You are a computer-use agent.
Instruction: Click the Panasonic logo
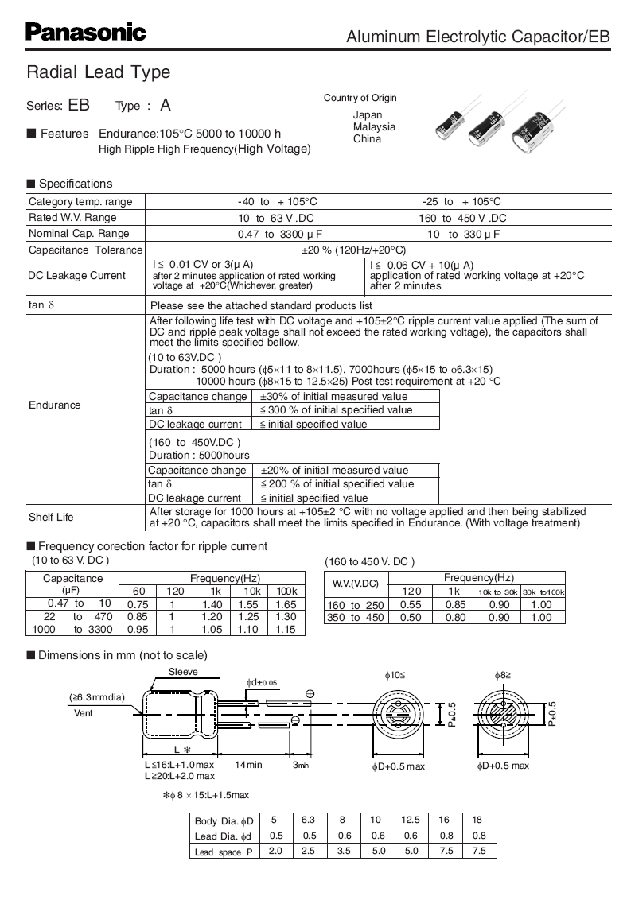pos(86,33)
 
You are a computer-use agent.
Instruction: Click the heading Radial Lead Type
pos(99,72)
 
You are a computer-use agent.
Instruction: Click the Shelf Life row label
pos(51,517)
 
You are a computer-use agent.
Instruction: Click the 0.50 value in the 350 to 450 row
pos(411,617)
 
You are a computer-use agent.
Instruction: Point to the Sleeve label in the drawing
pos(183,672)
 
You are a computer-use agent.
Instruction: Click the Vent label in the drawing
pos(84,713)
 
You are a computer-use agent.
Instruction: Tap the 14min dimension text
pos(248,765)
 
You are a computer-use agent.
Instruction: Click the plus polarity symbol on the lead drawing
pos(310,693)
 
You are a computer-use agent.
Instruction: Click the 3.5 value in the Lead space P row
pos(343,852)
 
